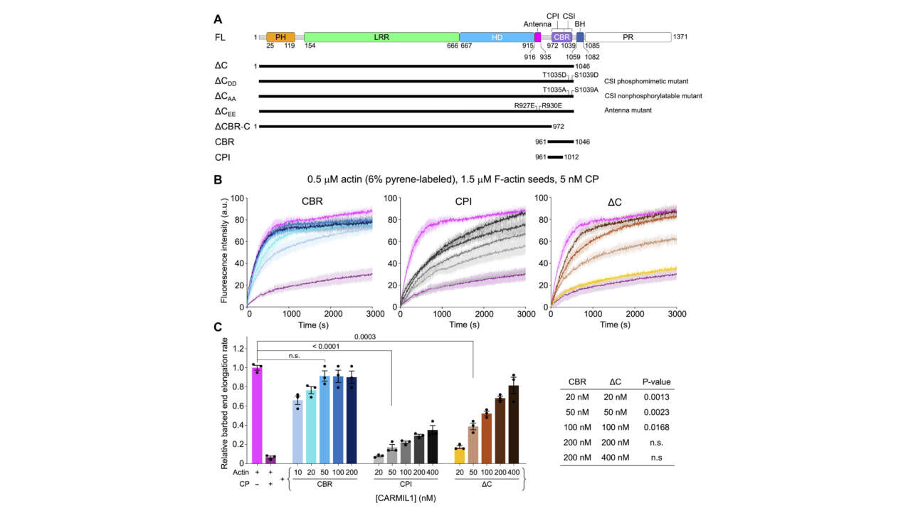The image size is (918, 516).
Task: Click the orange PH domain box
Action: pyautogui.click(x=280, y=36)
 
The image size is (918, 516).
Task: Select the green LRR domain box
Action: pyautogui.click(x=381, y=36)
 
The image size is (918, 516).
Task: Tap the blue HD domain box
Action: pyautogui.click(x=496, y=36)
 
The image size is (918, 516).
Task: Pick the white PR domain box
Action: pyautogui.click(x=628, y=36)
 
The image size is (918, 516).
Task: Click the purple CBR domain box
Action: pyautogui.click(x=561, y=36)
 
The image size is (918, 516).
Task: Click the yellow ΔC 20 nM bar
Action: pyautogui.click(x=459, y=456)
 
